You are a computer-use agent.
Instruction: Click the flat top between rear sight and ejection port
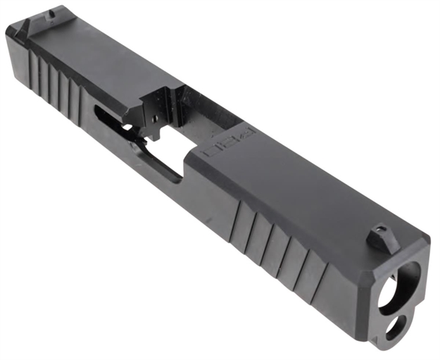92,56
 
